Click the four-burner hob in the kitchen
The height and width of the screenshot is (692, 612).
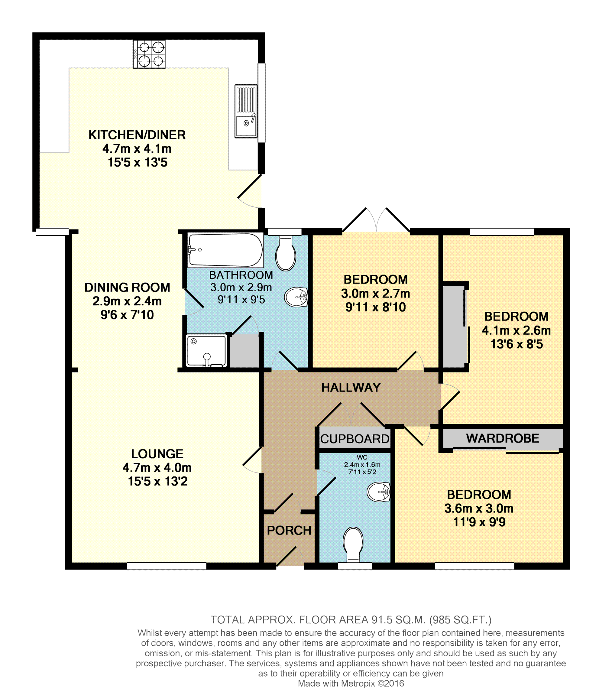149,54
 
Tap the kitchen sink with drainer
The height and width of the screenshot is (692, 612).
246,111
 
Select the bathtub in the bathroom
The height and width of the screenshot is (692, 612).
225,250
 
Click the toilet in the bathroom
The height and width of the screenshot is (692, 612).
286,253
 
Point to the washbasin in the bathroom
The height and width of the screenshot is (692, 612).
296,297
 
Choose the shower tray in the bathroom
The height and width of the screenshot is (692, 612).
206,351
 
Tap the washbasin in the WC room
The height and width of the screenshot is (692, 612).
379,492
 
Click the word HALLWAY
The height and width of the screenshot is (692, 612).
351,387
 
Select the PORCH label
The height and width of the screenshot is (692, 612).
289,530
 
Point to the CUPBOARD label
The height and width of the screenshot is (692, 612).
355,439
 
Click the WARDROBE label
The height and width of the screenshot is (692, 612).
503,438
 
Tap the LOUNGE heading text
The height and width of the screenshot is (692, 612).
157,454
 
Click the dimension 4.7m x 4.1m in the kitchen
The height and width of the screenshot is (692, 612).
137,149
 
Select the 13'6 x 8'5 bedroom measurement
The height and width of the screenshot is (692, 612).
516,344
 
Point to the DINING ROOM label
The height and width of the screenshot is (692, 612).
127,287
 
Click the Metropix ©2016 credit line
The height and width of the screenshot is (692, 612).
351,684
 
